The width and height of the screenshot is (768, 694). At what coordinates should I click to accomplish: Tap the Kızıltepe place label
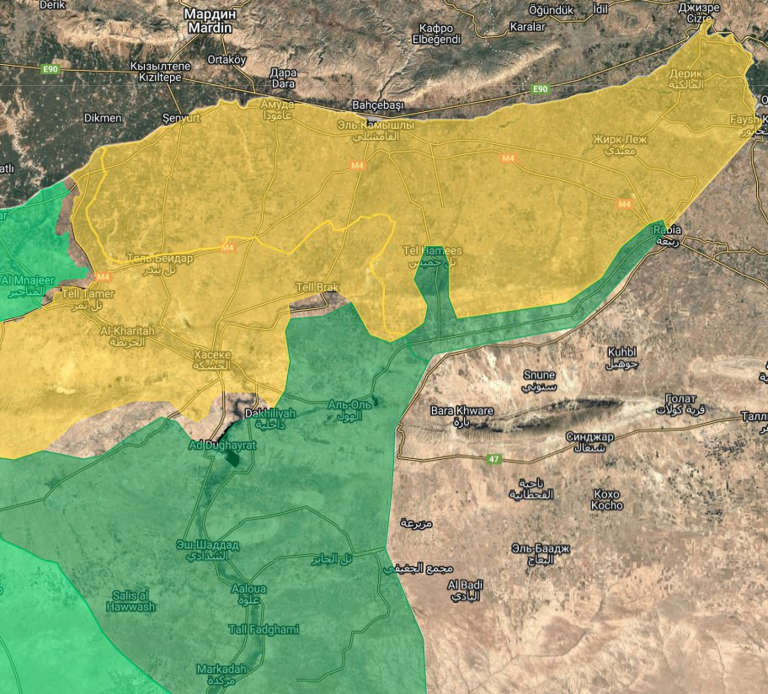coord(161,71)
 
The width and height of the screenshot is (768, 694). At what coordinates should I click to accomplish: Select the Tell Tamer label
coord(83,294)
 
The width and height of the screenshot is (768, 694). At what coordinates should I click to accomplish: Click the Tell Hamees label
coord(432,251)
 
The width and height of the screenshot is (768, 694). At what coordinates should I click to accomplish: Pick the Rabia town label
coord(667,230)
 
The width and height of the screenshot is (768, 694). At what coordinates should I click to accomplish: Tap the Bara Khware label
coord(461,411)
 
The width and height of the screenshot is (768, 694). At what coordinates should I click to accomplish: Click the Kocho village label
coord(607,499)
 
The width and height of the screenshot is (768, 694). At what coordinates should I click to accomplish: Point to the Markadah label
coord(221,669)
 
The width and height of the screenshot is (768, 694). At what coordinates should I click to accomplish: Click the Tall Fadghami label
coord(264,629)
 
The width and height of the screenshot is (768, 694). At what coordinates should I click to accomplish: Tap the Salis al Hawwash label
coord(133,601)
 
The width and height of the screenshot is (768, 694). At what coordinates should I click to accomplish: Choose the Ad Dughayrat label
coord(221,444)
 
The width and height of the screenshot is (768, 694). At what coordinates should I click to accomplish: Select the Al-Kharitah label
coord(127,332)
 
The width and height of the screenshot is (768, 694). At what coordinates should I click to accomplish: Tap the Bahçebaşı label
coord(378,105)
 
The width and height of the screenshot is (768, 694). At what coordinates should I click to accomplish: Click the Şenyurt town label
coord(181,119)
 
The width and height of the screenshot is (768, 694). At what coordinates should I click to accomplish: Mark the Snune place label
coord(540,375)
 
